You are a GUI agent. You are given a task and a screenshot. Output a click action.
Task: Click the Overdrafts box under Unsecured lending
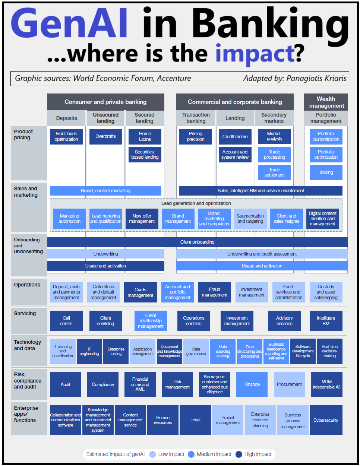point(105,136)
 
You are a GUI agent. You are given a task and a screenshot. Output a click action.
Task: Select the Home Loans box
point(145,136)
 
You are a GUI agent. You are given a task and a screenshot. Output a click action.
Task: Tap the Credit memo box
point(235,136)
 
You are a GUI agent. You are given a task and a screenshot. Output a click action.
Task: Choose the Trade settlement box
point(274,172)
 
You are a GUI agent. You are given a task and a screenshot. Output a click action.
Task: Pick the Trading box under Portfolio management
point(326,172)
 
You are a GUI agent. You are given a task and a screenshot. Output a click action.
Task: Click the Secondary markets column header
point(274,118)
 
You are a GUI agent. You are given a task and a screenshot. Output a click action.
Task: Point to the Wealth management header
point(326,102)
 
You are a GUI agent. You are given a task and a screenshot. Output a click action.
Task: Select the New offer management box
point(142,219)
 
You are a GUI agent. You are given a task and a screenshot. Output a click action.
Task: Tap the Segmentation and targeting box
point(250,219)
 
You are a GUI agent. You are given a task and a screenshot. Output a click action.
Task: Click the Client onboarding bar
point(197,242)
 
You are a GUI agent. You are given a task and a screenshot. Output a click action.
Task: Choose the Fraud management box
point(214,292)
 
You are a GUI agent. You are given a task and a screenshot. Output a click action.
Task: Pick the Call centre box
point(66,321)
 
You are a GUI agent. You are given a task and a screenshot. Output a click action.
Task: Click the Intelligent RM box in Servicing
point(326,321)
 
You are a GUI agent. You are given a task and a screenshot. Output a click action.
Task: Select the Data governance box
point(196,351)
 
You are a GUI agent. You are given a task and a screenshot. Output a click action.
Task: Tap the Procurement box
point(289,384)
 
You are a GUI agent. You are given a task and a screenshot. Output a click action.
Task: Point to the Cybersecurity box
point(326,420)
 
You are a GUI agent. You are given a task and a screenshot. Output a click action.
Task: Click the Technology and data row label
point(28,345)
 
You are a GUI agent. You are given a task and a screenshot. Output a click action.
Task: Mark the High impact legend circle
point(239,454)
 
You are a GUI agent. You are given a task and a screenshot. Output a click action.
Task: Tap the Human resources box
point(163,420)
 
